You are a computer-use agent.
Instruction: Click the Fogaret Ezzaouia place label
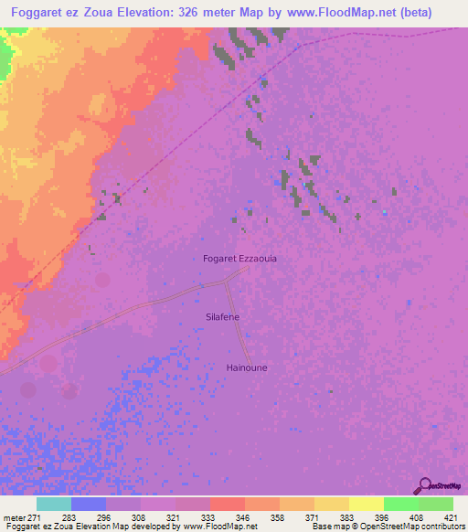click(x=239, y=259)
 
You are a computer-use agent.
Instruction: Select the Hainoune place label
click(x=246, y=367)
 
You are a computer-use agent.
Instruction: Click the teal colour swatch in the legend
click(x=54, y=504)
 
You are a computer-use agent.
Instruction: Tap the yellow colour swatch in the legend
click(x=331, y=504)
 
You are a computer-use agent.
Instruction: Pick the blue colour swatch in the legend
click(x=89, y=504)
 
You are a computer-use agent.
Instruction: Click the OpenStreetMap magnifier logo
click(x=422, y=484)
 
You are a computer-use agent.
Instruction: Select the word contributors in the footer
click(x=442, y=527)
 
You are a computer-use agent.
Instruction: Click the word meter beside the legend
click(x=15, y=517)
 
